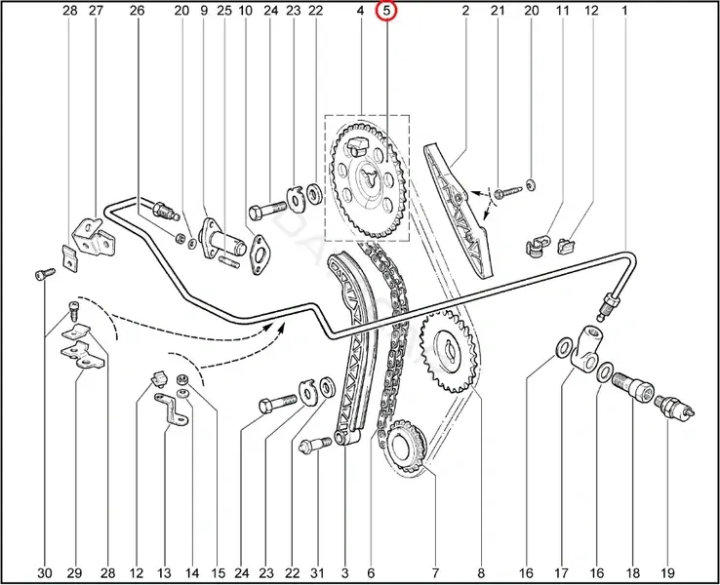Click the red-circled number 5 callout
click(x=386, y=10)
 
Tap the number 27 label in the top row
click(x=96, y=10)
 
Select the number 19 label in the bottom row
click(x=668, y=572)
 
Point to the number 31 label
click(x=317, y=572)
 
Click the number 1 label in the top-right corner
click(x=624, y=10)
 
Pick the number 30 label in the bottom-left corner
click(x=45, y=572)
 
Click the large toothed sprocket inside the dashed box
click(x=368, y=179)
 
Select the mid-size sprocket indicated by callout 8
click(x=448, y=352)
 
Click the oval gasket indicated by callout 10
click(x=260, y=255)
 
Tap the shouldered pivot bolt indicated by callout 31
click(x=315, y=445)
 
